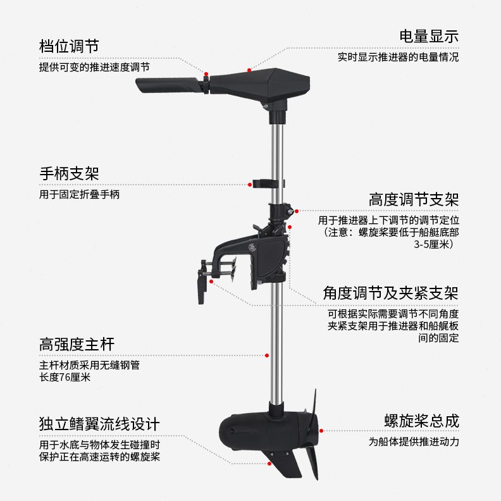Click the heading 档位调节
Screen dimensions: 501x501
coord(69,46)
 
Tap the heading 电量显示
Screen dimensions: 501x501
coord(428,35)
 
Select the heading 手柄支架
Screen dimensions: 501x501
coord(69,173)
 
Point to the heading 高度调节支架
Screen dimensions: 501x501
coord(414,199)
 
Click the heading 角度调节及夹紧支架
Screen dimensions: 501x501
coord(390,293)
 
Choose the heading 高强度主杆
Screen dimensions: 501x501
coord(77,345)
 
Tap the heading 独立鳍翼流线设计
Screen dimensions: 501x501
coord(99,423)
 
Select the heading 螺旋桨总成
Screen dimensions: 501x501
coord(421,421)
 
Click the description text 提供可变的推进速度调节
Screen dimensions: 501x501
coord(94,66)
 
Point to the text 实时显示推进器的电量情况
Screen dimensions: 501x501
coord(398,57)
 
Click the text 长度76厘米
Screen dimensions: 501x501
coord(65,378)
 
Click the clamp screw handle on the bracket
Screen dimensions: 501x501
coord(202,287)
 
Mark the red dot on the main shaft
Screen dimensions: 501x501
coord(268,356)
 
